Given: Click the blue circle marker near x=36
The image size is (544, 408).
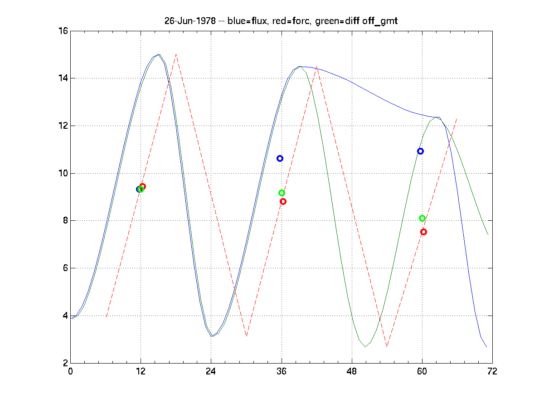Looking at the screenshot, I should click(x=280, y=158).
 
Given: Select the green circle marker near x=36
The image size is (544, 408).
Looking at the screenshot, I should click(x=282, y=193).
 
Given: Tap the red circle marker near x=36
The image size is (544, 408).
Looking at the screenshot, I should click(x=283, y=201).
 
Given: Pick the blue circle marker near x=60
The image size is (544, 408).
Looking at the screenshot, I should click(x=420, y=151).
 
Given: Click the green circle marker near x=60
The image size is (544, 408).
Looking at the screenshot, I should click(x=422, y=219).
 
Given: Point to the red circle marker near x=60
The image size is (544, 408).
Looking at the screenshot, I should click(x=423, y=232).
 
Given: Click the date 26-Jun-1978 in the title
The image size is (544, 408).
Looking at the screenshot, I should click(x=189, y=21).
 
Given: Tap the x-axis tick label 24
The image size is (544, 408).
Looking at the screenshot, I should click(x=211, y=371).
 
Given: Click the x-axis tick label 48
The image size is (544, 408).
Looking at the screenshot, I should click(x=352, y=371).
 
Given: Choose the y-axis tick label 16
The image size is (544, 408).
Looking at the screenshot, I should click(x=63, y=31).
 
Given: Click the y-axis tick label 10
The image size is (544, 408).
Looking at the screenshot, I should click(x=63, y=173).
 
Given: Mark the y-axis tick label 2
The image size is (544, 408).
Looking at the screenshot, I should click(x=64, y=363).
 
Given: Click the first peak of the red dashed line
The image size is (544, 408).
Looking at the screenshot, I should click(x=176, y=54).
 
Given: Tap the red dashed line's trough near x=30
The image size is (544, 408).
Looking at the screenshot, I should click(x=246, y=336).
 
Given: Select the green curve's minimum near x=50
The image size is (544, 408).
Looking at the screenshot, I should click(x=365, y=347).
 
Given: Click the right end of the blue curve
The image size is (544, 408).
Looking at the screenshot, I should click(x=486, y=347).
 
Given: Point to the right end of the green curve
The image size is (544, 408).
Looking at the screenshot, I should click(x=488, y=234).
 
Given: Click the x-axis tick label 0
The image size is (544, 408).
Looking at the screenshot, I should click(x=70, y=371).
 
